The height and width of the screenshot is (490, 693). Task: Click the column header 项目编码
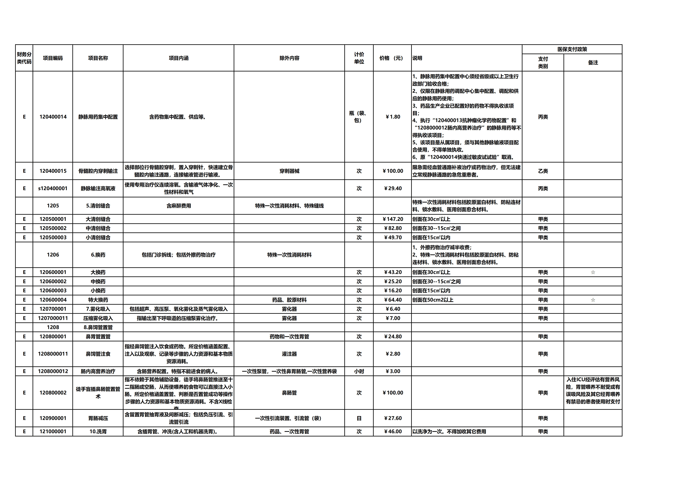(x=53, y=58)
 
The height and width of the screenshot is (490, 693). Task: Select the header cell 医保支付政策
(x=572, y=49)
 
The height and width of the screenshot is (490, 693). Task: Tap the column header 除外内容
(x=289, y=58)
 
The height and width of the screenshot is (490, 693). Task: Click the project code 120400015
(x=53, y=171)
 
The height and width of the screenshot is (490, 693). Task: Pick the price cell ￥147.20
(x=393, y=219)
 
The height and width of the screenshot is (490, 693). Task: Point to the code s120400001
(x=53, y=188)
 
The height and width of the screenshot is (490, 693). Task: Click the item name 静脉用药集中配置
(x=98, y=117)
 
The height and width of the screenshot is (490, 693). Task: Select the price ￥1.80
(x=393, y=117)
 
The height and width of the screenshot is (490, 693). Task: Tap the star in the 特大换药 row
(x=593, y=300)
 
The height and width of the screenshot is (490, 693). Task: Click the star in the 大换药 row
(x=593, y=272)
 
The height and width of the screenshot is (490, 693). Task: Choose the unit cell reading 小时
(x=359, y=371)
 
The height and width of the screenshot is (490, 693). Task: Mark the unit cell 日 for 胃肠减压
(x=359, y=418)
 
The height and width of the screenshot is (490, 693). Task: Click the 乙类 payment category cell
(x=543, y=171)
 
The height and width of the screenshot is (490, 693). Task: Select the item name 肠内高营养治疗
(x=98, y=371)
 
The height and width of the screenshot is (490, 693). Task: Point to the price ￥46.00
(x=393, y=432)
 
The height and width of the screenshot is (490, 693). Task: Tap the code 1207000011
(x=53, y=318)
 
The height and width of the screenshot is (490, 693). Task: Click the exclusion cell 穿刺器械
(x=289, y=171)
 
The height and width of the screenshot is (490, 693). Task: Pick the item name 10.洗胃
(x=98, y=432)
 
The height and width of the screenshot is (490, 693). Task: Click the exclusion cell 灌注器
(x=289, y=354)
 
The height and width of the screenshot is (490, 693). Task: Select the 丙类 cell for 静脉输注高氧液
(x=543, y=188)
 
